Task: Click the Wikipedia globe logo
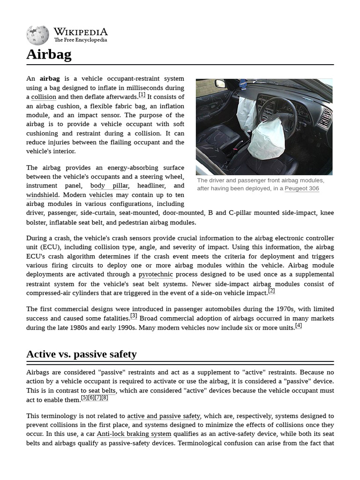[37, 36]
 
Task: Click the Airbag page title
[49, 55]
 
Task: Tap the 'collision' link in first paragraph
[44, 97]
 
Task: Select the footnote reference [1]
[142, 95]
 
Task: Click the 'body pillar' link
[109, 186]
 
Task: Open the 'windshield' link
[42, 195]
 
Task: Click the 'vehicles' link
[101, 195]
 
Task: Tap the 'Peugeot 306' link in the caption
[301, 188]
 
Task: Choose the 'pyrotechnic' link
[156, 275]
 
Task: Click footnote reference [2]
[271, 291]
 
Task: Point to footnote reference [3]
[134, 316]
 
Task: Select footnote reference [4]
[299, 326]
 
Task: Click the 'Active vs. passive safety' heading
[82, 354]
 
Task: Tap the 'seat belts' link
[102, 391]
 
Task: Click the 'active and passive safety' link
[164, 416]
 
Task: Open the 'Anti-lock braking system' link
[134, 435]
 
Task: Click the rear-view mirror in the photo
[220, 83]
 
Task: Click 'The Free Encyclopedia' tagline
[81, 40]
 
